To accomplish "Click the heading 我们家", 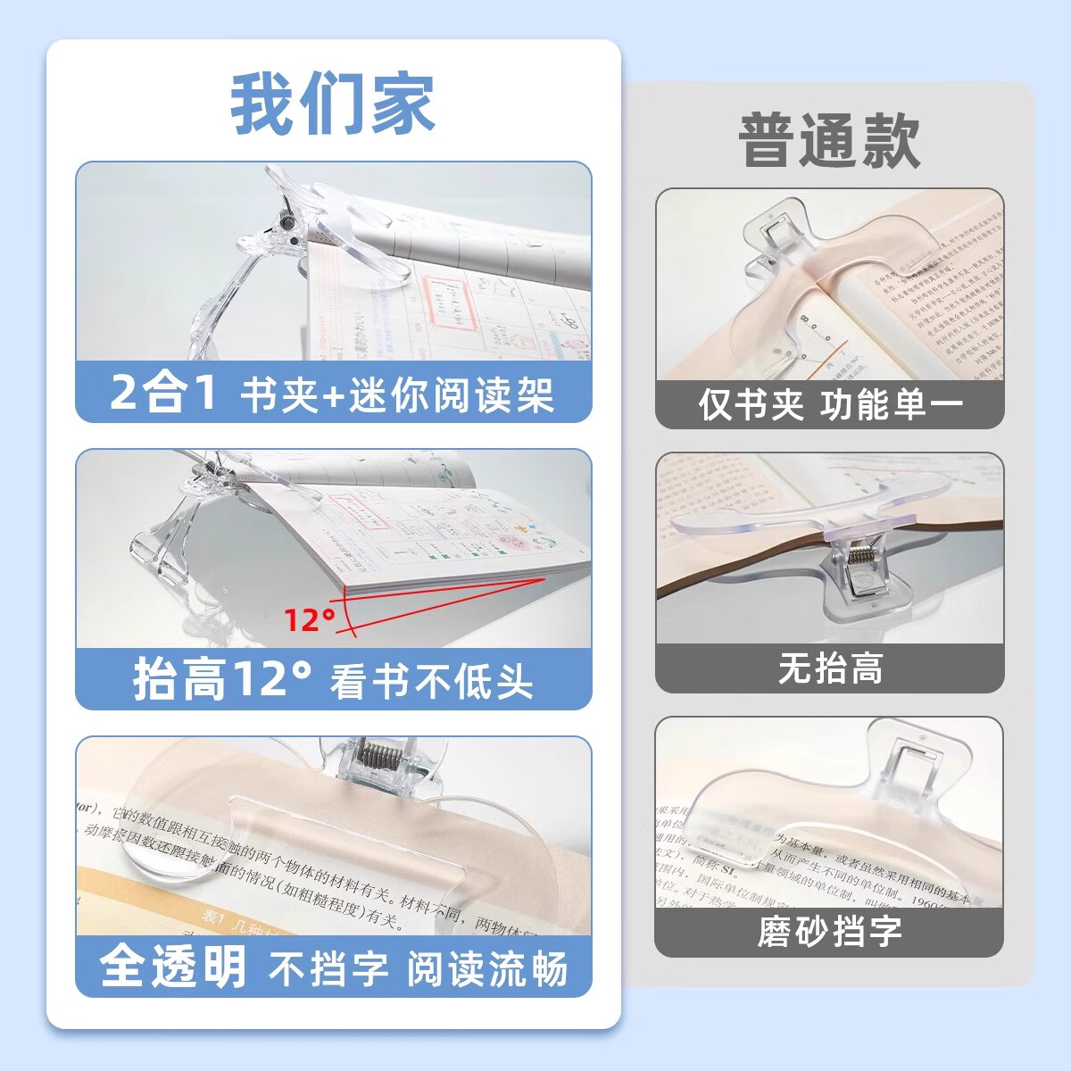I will tap(333, 104).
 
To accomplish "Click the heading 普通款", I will tap(829, 141).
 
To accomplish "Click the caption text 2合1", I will tap(163, 392).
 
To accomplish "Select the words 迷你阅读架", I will tap(452, 394).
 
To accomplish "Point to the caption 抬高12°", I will tap(223, 679).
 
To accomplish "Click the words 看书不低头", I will tap(432, 683).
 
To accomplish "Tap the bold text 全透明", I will tap(173, 967).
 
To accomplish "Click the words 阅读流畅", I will tap(487, 969).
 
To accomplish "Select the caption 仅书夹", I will tap(751, 405).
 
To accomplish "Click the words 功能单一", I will tap(892, 405).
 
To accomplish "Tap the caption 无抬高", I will tap(830, 668).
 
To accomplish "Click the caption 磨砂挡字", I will tap(830, 932).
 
